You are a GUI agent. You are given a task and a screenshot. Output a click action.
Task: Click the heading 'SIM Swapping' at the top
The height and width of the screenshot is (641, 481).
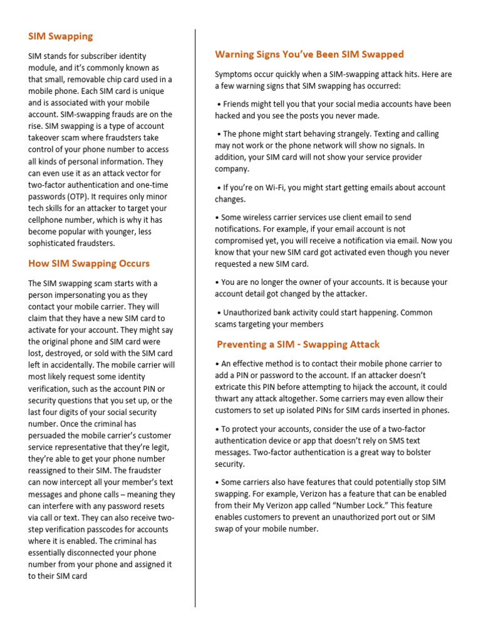point(60,36)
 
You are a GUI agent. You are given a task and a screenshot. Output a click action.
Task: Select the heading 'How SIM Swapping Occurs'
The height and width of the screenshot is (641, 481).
point(89,263)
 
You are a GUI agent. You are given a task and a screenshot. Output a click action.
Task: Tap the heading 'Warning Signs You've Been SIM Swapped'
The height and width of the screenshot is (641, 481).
point(309,54)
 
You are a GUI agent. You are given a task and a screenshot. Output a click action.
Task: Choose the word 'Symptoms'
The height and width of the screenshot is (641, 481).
point(235,74)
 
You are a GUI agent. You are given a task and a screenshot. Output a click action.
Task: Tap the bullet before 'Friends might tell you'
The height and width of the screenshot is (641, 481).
point(219,104)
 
